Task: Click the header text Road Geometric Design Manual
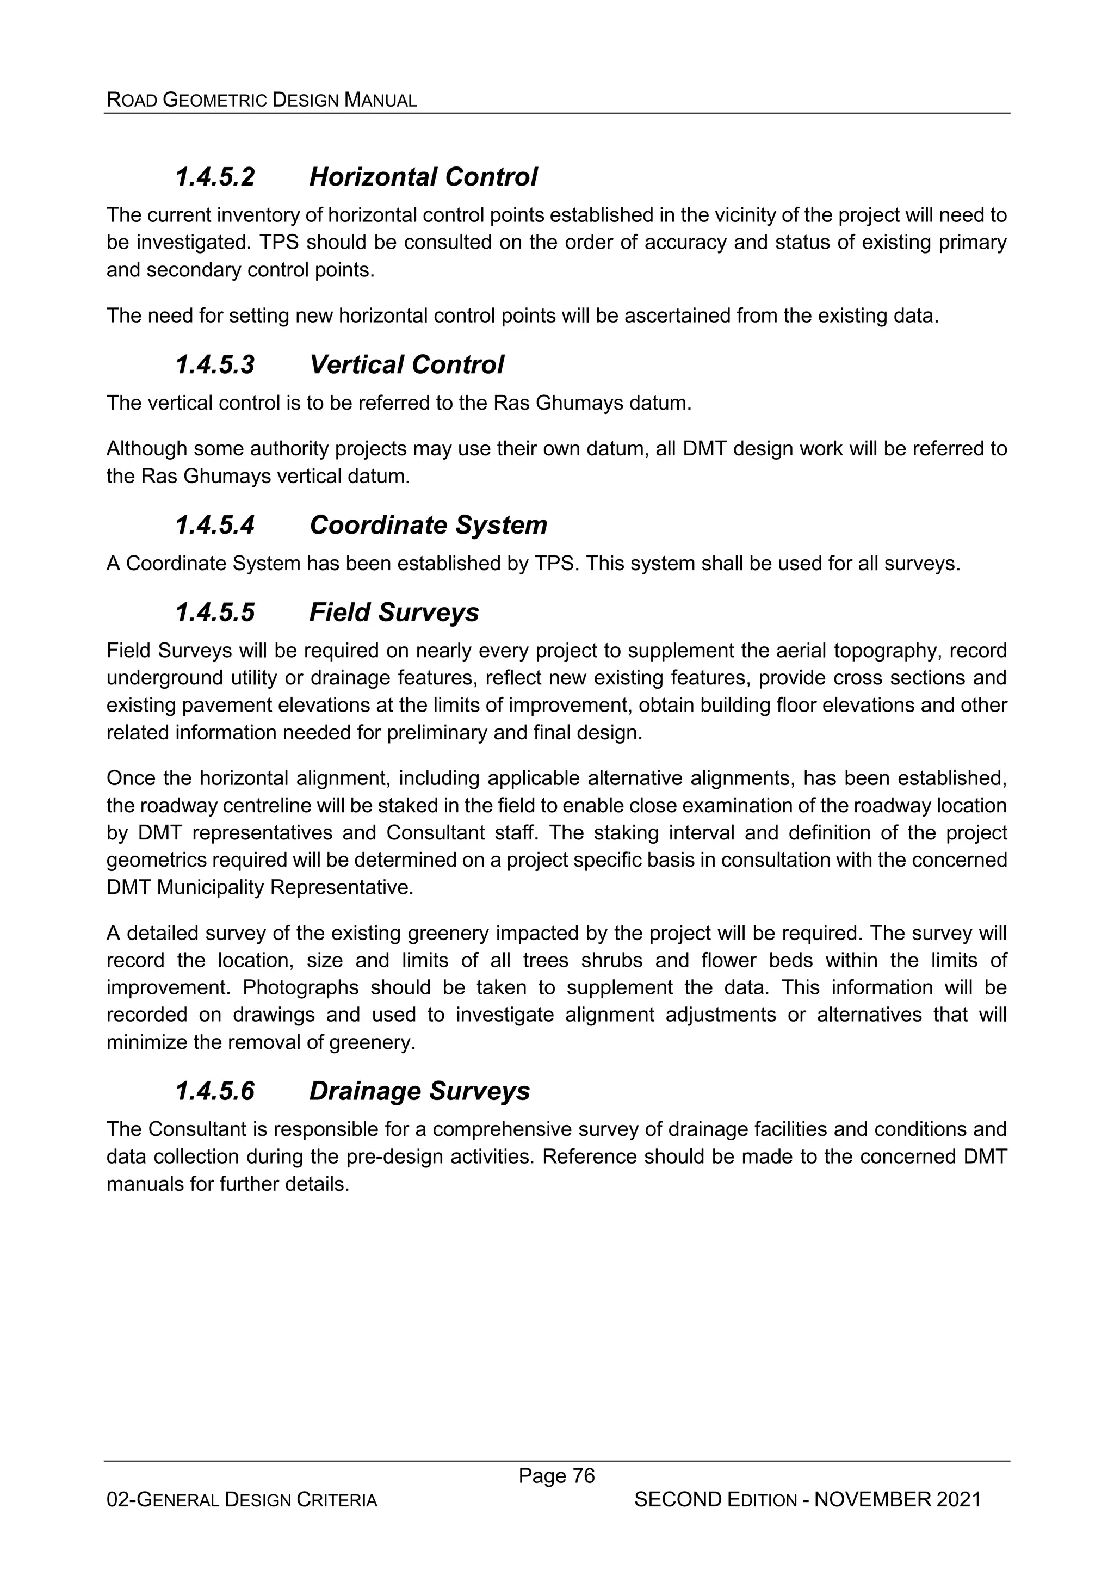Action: coord(262,100)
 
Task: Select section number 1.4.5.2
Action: coord(215,177)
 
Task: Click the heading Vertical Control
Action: coord(406,364)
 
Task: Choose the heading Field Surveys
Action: coord(394,612)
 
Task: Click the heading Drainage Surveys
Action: coord(419,1091)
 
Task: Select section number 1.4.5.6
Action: coord(215,1091)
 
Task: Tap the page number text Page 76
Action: coord(556,1475)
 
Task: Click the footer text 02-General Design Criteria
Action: coord(242,1500)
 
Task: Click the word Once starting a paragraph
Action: coord(131,778)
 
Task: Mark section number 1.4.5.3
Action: coord(215,364)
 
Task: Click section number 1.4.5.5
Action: coord(215,612)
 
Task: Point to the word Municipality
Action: coord(210,887)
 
